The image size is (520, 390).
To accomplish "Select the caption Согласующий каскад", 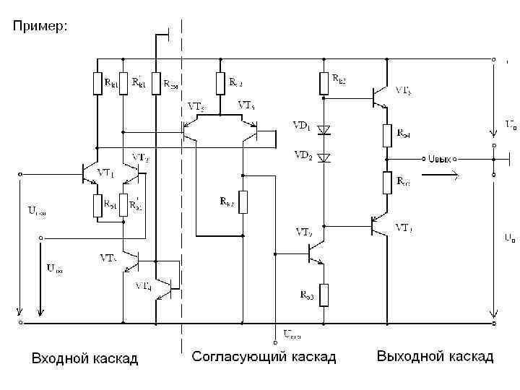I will tap(264, 357).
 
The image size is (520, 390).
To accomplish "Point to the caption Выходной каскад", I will tap(435, 357).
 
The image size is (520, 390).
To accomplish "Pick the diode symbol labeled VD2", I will tap(324, 157).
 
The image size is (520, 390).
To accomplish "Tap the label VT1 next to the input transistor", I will tap(107, 173).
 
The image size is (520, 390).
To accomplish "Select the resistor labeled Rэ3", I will tap(324, 293).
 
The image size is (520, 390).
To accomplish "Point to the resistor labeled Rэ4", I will tap(387, 135).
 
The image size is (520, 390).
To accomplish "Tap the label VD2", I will tap(301, 155).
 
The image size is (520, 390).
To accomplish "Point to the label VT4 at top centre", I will tap(246, 105).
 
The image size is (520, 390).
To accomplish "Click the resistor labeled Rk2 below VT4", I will tap(243, 201).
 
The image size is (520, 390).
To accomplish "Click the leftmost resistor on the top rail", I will tap(97, 84).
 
